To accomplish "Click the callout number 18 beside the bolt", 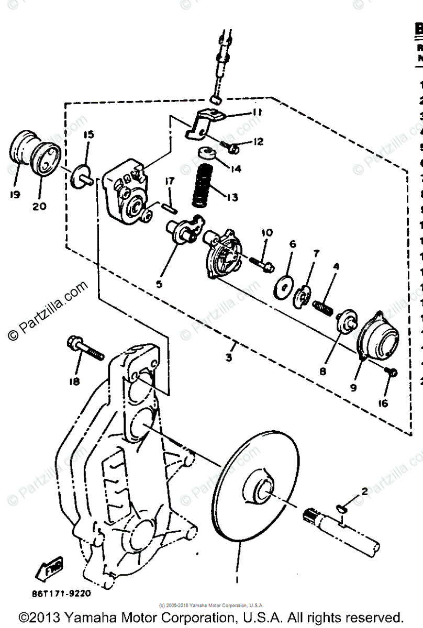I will pyautogui.click(x=74, y=382).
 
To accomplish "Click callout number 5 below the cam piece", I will pyautogui.click(x=159, y=284).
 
